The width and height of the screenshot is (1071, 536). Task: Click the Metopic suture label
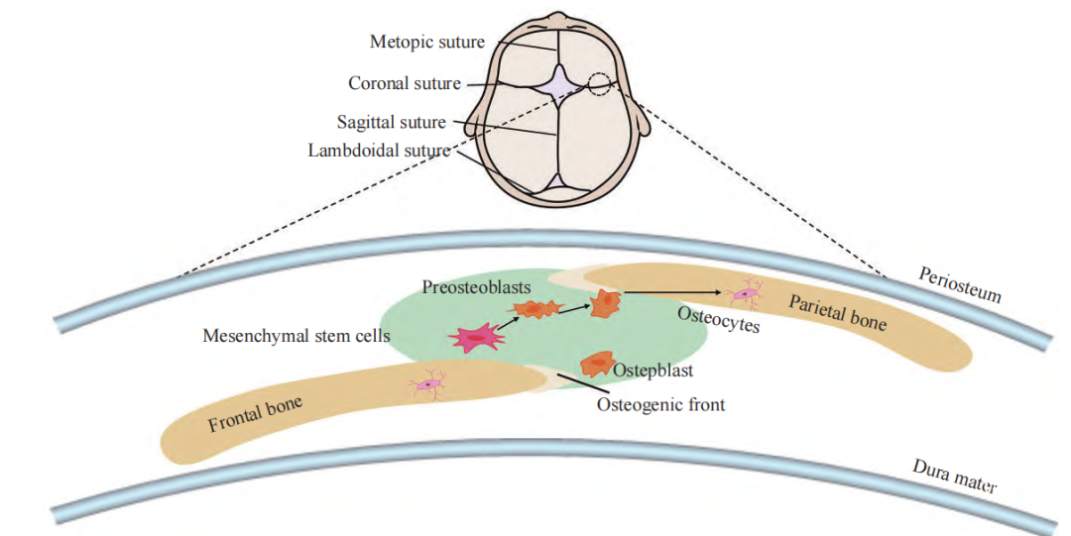tap(426, 43)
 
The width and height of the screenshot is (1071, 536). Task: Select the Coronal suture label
tap(405, 83)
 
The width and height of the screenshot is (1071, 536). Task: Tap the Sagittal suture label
tap(392, 123)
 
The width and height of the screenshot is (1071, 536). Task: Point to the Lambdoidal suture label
tap(379, 151)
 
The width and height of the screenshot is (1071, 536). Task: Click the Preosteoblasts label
tap(476, 286)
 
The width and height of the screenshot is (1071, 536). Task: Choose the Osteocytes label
tap(718, 319)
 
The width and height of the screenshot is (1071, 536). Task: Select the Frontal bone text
tap(255, 413)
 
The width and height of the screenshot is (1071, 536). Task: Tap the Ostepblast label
tap(652, 371)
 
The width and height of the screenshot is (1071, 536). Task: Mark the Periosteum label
tap(960, 284)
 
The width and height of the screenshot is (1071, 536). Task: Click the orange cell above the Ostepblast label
tap(596, 365)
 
